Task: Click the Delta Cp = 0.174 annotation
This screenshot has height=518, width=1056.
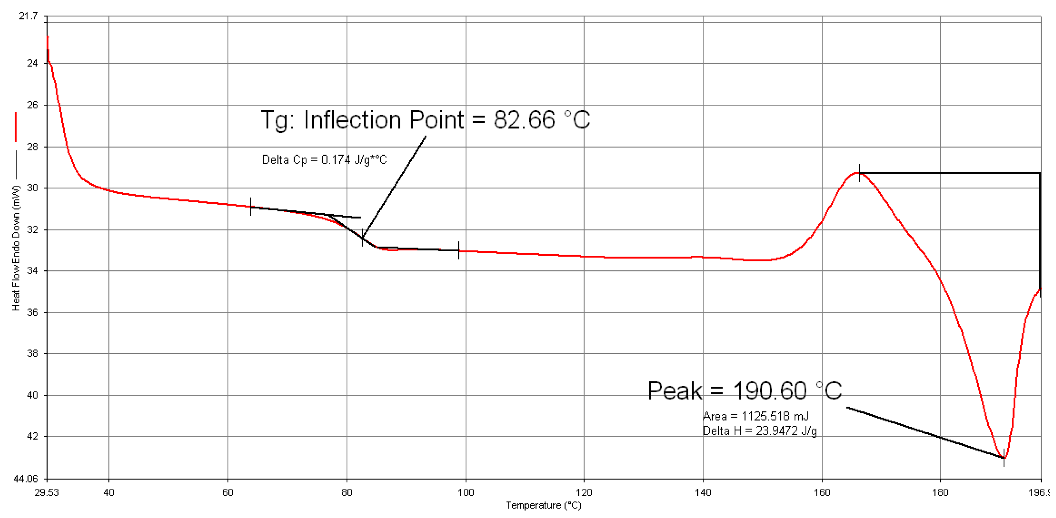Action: pos(324,160)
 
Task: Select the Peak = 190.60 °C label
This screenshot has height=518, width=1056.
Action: pos(744,391)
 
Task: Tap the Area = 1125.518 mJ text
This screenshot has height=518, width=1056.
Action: pos(755,416)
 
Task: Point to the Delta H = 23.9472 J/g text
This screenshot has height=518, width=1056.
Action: pos(759,431)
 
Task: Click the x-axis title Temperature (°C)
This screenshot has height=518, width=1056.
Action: pos(543,505)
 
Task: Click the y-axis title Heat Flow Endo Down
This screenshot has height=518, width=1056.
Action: pos(16,248)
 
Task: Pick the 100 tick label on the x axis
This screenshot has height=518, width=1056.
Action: pos(465,492)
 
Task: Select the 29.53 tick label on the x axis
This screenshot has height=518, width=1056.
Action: pos(46,492)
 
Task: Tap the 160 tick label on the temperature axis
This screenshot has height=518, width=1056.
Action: pos(821,492)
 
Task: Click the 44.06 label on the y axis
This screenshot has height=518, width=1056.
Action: pos(25,479)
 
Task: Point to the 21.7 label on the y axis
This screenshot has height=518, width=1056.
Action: pos(28,16)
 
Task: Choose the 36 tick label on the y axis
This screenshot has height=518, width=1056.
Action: pos(32,312)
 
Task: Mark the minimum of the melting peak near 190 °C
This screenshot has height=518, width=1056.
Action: pos(1004,457)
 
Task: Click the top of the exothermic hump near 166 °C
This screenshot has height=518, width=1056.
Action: pos(859,173)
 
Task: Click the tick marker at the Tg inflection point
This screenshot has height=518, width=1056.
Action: pos(362,237)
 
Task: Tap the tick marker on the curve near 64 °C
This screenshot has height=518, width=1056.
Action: pos(250,207)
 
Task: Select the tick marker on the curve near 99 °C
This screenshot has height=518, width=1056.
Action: pos(459,250)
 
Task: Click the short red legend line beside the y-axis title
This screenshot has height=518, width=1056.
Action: pos(16,127)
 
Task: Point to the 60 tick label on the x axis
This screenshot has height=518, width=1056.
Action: pos(228,492)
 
